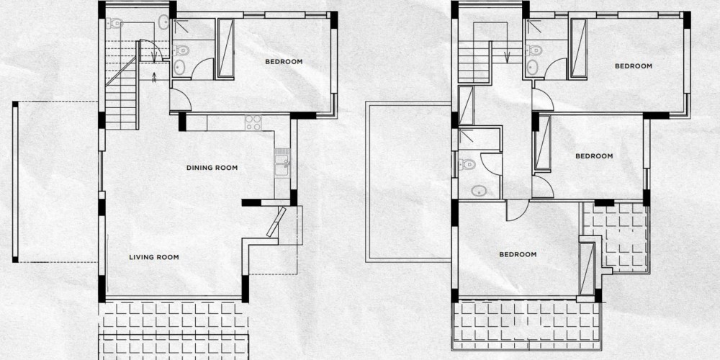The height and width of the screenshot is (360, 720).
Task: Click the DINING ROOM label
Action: [212, 168]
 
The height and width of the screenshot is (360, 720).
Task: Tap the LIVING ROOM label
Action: [154, 257]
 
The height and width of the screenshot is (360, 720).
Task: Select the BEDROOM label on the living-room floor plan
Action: [284, 61]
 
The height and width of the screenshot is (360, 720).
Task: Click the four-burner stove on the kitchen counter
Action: [253, 122]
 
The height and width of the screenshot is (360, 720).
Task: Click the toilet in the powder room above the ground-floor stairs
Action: [114, 22]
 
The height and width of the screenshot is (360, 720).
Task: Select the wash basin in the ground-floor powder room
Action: [163, 22]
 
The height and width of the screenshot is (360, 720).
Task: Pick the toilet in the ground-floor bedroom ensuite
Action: [181, 50]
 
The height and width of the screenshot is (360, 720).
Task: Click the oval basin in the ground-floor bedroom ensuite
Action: [179, 68]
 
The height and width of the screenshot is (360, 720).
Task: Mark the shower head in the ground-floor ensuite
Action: [181, 26]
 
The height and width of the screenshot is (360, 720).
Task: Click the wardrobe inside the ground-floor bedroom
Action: [225, 48]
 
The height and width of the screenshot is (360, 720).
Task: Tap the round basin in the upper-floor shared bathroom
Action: [479, 191]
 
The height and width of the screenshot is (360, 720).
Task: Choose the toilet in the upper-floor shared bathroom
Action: [467, 164]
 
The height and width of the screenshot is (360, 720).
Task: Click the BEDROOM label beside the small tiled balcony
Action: [594, 156]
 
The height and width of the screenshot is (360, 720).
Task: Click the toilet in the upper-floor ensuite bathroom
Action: [534, 50]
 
